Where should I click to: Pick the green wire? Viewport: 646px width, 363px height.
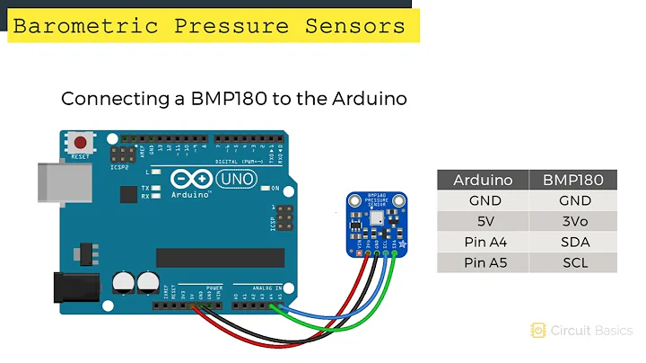(x=359, y=310)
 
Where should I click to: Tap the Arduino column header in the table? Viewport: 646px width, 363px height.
(x=483, y=180)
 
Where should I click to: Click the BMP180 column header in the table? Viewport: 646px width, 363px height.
(x=573, y=180)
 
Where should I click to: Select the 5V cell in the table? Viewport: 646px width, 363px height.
(x=483, y=222)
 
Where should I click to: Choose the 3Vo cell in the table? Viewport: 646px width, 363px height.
(x=573, y=222)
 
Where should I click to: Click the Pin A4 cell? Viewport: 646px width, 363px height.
(x=483, y=243)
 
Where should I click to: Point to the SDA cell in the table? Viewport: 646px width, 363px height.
(x=573, y=243)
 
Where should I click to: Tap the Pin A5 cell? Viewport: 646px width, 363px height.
(x=483, y=263)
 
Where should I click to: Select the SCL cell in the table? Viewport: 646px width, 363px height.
(x=573, y=263)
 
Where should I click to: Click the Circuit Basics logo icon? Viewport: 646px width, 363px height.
(x=538, y=331)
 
